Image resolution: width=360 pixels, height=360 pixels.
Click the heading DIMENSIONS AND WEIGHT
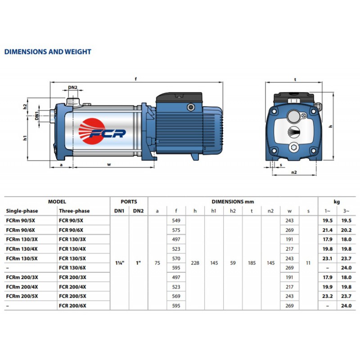pos(48,52)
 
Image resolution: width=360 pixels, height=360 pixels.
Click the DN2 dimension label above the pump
pos(72,87)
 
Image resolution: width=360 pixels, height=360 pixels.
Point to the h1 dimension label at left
pos(25,138)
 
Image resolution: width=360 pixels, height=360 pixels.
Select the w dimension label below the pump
pos(109,164)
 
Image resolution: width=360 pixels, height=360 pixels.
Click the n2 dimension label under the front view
pos(294,172)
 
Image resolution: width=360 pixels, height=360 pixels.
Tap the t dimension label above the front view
pos(295,80)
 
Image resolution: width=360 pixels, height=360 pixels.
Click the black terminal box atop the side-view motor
pos(179,97)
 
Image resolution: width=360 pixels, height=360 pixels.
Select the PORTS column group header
pos(129,202)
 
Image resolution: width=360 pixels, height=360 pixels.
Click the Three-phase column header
pos(74,211)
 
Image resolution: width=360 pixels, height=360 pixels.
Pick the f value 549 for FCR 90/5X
pos(176,220)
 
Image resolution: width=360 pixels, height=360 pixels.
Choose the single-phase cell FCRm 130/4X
pos(22,249)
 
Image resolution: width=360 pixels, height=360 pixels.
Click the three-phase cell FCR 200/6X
pos(72,306)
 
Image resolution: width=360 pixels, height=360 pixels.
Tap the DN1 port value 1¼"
pos(120,263)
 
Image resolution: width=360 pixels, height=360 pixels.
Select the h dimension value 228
pos(195,263)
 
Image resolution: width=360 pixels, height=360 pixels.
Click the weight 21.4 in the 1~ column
pos(328,230)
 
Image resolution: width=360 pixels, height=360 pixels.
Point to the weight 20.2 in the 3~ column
pos(346,230)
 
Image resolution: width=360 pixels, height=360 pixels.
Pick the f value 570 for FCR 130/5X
pos(176,258)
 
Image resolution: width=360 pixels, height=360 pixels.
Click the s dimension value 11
pos(308,263)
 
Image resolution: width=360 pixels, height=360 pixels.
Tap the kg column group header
pos(337,202)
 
